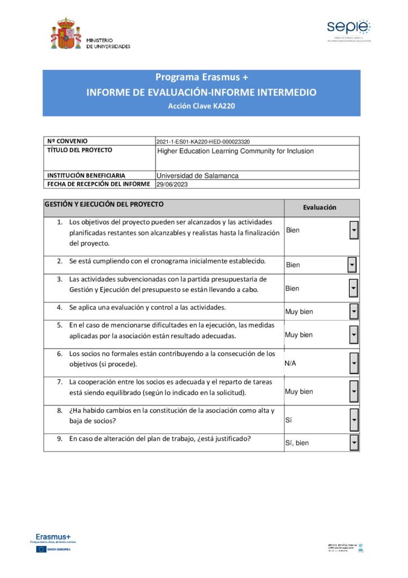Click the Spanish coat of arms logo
66,34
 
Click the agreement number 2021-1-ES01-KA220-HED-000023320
203,142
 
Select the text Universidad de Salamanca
197,176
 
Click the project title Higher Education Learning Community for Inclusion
235,151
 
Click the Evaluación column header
320,207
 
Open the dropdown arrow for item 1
354,230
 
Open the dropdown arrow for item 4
354,312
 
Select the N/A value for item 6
291,364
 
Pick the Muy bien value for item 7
299,392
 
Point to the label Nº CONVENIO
68,141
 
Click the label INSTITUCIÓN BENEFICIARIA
86,176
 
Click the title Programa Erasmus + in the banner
201,77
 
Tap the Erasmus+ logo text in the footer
53,536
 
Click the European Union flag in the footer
41,549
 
